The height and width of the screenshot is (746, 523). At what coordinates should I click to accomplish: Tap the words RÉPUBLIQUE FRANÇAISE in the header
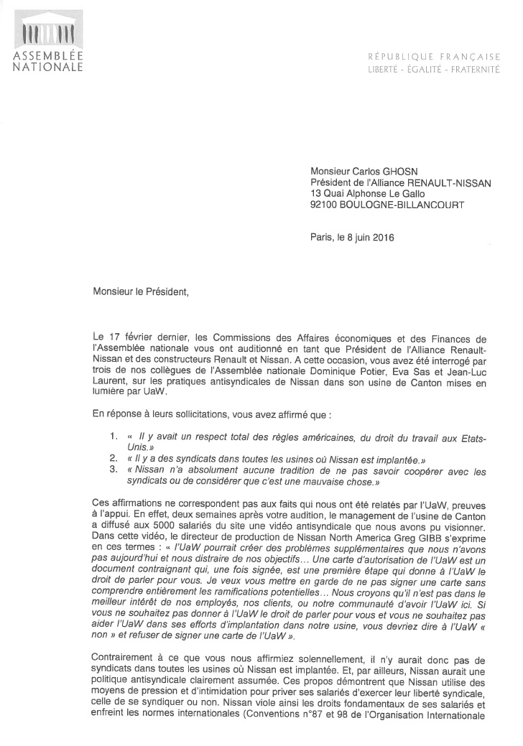tap(434, 57)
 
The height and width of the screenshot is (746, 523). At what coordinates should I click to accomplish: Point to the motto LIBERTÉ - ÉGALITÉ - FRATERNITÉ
tap(434, 69)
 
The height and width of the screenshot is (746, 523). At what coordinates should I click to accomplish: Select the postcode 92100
tap(325, 205)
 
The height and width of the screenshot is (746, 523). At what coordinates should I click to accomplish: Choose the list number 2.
tap(114, 458)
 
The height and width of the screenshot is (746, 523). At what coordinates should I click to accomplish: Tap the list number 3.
tap(114, 470)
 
